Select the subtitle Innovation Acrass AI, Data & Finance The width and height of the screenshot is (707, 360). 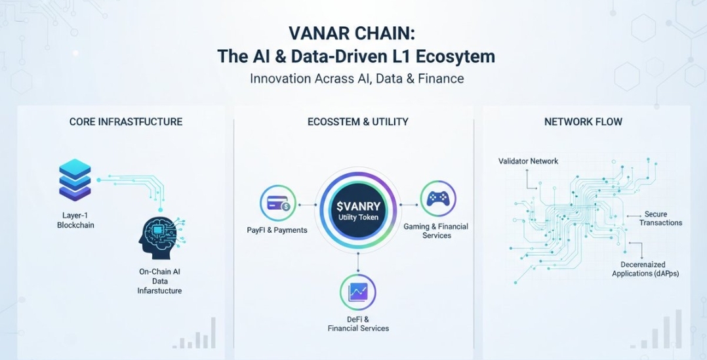(x=357, y=79)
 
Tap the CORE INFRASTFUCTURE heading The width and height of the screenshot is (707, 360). (x=126, y=122)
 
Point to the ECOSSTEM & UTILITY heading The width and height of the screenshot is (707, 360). (x=358, y=122)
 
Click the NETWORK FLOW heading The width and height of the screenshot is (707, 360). (x=583, y=122)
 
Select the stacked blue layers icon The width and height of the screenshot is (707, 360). (x=75, y=179)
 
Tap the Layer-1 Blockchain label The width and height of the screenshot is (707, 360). (x=76, y=220)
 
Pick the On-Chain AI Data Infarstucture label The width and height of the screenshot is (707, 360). (x=159, y=281)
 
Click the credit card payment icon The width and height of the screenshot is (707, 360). (x=278, y=204)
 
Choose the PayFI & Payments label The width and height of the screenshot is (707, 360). (x=277, y=230)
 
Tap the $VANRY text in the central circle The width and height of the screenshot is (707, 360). (x=359, y=207)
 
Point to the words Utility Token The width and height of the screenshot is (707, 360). (x=359, y=218)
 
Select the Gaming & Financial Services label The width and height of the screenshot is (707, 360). (x=436, y=231)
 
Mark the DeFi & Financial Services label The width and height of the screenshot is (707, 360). (x=359, y=323)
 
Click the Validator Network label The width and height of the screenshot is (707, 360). (x=528, y=161)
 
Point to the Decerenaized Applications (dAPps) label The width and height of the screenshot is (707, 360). (x=645, y=269)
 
